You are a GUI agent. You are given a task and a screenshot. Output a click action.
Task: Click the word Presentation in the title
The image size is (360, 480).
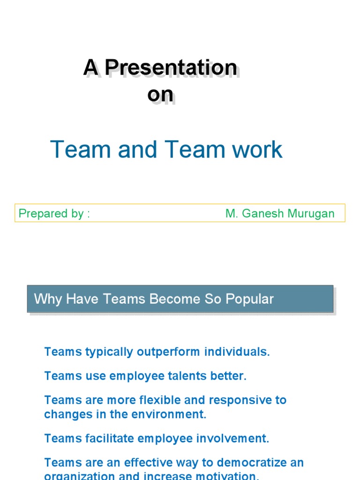(171, 68)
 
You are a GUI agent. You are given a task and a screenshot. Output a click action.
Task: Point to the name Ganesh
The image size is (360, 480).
(264, 214)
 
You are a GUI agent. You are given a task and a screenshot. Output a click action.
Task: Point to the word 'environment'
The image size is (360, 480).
(172, 414)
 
